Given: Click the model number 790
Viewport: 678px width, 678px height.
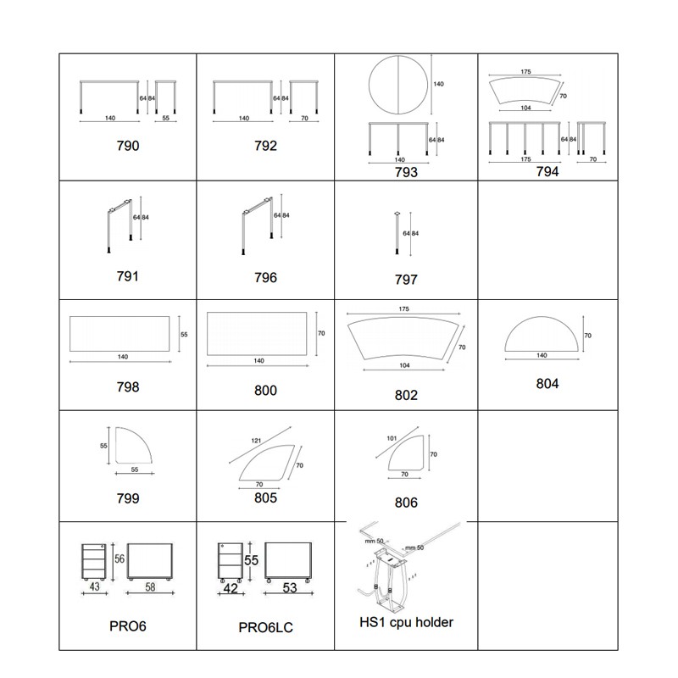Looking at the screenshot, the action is click(128, 146).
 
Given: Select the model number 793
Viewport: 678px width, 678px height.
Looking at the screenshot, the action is click(406, 172).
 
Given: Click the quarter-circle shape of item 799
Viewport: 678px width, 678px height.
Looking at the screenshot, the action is click(134, 446).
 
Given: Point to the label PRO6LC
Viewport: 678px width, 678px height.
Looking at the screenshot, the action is click(265, 627).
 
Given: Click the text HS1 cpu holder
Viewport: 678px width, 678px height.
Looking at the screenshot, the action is click(406, 622).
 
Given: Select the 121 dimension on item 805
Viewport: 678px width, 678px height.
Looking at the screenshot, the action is click(256, 441).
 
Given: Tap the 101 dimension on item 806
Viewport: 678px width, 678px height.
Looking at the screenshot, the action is click(392, 438).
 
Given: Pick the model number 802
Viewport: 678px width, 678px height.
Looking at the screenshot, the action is click(406, 395).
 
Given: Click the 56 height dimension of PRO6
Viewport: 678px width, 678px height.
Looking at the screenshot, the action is click(119, 559).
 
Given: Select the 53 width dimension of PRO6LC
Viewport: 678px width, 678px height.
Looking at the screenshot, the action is click(290, 587).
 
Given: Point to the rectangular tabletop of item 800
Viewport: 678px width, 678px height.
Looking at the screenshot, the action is click(257, 334).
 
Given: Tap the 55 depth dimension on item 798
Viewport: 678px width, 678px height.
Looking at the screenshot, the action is click(184, 334).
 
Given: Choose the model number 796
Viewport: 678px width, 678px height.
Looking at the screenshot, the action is click(265, 278).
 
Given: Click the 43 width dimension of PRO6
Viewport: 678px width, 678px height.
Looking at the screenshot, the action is click(94, 586).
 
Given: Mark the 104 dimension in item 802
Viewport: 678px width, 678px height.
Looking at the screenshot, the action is click(404, 365).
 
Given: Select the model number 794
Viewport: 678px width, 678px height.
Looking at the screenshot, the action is click(547, 172).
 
